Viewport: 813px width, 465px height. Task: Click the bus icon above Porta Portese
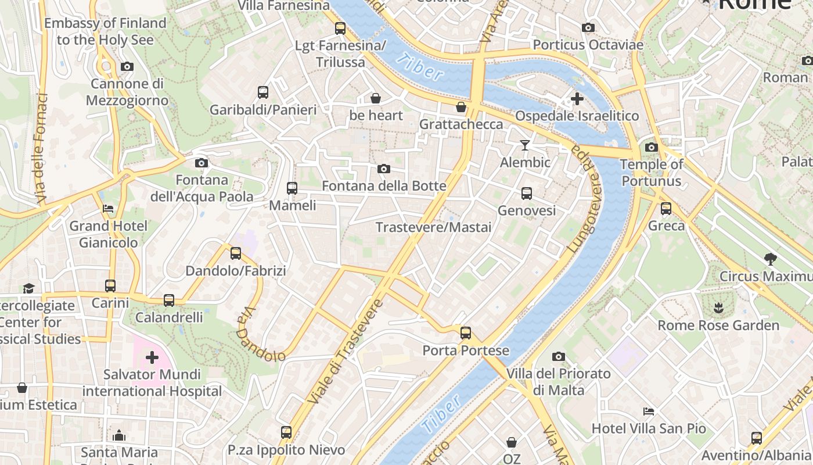pyautogui.click(x=465, y=333)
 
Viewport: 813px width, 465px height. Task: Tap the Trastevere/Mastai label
pyautogui.click(x=433, y=227)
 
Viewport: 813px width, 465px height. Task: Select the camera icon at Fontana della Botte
pyautogui.click(x=383, y=169)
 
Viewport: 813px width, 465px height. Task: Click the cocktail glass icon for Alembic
pyautogui.click(x=525, y=145)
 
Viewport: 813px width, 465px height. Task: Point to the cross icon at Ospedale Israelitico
pyautogui.click(x=577, y=99)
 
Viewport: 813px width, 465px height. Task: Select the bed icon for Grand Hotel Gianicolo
pyautogui.click(x=108, y=209)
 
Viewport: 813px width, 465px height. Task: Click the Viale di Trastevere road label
pyautogui.click(x=346, y=352)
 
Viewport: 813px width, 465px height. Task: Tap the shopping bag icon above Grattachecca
pyautogui.click(x=461, y=108)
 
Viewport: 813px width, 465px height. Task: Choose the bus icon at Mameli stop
pyautogui.click(x=292, y=188)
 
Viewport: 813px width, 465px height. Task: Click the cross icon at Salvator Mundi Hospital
pyautogui.click(x=152, y=357)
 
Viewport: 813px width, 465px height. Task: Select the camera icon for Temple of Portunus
pyautogui.click(x=651, y=148)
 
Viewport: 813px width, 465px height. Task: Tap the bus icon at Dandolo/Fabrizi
pyautogui.click(x=235, y=253)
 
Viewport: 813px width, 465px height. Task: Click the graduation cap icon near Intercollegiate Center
pyautogui.click(x=28, y=288)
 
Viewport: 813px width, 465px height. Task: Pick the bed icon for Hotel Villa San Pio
pyautogui.click(x=649, y=412)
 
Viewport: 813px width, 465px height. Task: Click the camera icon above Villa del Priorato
pyautogui.click(x=558, y=356)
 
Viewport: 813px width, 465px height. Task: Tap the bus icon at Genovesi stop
pyautogui.click(x=526, y=194)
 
